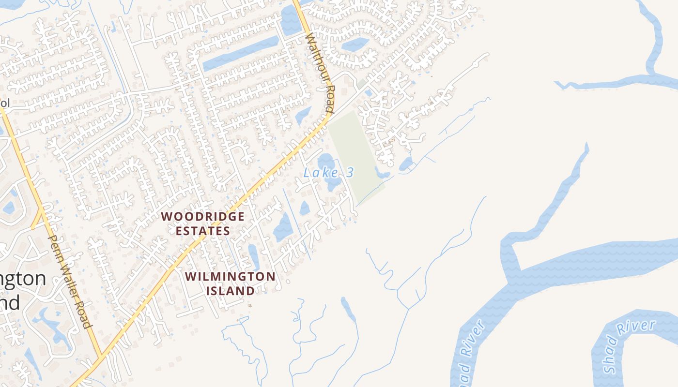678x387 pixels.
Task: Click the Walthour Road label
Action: (320, 73)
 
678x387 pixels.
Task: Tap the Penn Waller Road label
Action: (70, 281)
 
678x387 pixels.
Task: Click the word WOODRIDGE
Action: (202, 216)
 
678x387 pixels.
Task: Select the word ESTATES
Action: (202, 231)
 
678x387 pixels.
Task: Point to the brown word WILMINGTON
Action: (231, 277)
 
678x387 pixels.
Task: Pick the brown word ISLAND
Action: (231, 291)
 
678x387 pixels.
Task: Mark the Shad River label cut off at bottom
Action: (468, 356)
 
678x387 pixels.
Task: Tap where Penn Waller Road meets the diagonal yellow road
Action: (100, 358)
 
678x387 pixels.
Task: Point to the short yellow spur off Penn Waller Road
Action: (37, 220)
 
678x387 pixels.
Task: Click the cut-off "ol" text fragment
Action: (5, 103)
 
